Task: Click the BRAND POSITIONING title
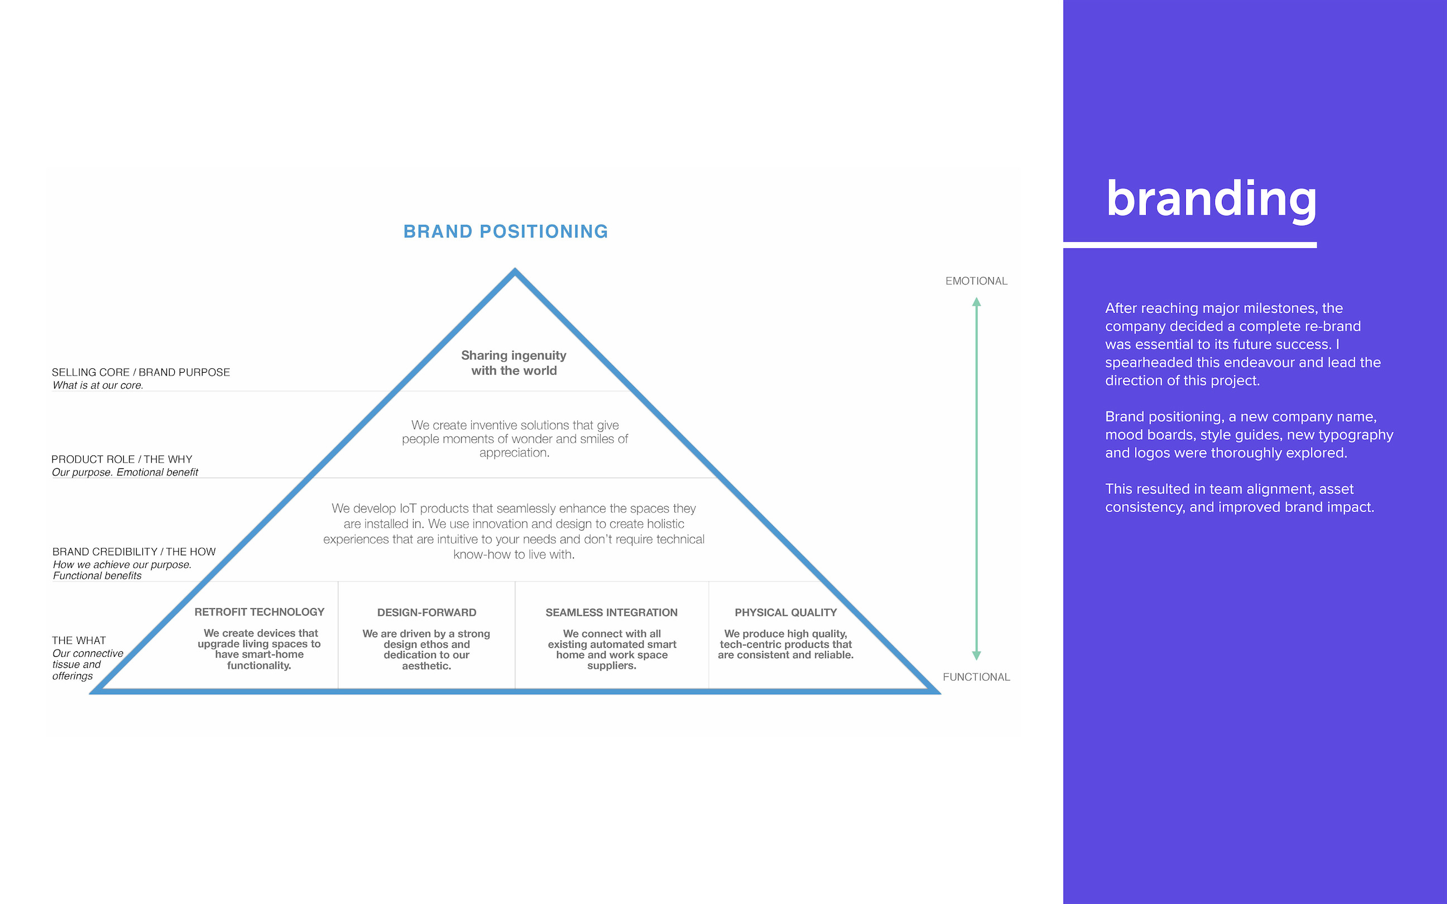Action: pyautogui.click(x=506, y=232)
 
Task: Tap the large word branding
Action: pyautogui.click(x=1211, y=199)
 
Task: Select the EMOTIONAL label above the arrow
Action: pyautogui.click(x=976, y=281)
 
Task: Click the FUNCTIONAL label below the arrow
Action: pyautogui.click(x=976, y=677)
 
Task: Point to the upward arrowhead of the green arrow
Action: pyautogui.click(x=976, y=302)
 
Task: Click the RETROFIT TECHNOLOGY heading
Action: pyautogui.click(x=260, y=612)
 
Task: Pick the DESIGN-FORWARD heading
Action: pyautogui.click(x=427, y=612)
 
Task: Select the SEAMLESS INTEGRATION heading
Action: pyautogui.click(x=612, y=612)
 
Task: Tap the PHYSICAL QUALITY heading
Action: pyautogui.click(x=785, y=612)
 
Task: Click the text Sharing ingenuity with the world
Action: pyautogui.click(x=514, y=363)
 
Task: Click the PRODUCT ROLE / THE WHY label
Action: pyautogui.click(x=122, y=459)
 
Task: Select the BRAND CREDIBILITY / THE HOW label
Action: pyautogui.click(x=134, y=551)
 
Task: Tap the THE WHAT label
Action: pyautogui.click(x=79, y=641)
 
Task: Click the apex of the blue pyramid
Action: pyautogui.click(x=515, y=270)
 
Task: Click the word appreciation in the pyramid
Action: pyautogui.click(x=514, y=453)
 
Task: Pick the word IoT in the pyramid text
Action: pyautogui.click(x=408, y=508)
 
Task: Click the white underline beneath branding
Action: pyautogui.click(x=1190, y=245)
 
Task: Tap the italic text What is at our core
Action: pyautogui.click(x=98, y=385)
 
